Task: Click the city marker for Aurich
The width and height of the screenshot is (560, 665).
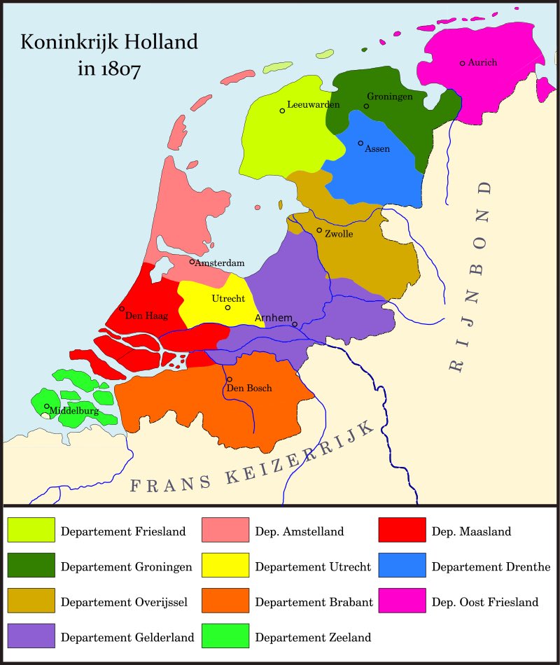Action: (x=462, y=63)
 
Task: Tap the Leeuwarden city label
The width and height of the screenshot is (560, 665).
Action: (x=313, y=104)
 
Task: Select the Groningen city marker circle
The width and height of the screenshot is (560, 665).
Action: (x=366, y=106)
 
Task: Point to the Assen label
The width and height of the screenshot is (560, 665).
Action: (x=377, y=148)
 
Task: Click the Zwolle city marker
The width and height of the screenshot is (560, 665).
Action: (x=319, y=230)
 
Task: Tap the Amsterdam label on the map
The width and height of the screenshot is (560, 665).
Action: (x=220, y=263)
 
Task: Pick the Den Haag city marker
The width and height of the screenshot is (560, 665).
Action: (x=122, y=309)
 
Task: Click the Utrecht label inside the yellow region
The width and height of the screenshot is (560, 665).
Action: (x=228, y=298)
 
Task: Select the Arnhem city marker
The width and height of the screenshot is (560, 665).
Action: (x=295, y=324)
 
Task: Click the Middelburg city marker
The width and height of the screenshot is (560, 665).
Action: (x=47, y=406)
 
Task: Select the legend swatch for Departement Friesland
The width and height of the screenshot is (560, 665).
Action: (x=31, y=531)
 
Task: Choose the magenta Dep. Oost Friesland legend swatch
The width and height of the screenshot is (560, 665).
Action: (x=402, y=601)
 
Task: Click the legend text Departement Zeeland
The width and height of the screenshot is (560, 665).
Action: (x=313, y=637)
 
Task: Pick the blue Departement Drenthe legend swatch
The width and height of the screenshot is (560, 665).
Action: (x=402, y=566)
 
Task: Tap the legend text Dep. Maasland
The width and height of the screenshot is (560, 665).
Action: (x=471, y=531)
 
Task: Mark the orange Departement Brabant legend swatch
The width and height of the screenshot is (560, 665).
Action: (x=225, y=601)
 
